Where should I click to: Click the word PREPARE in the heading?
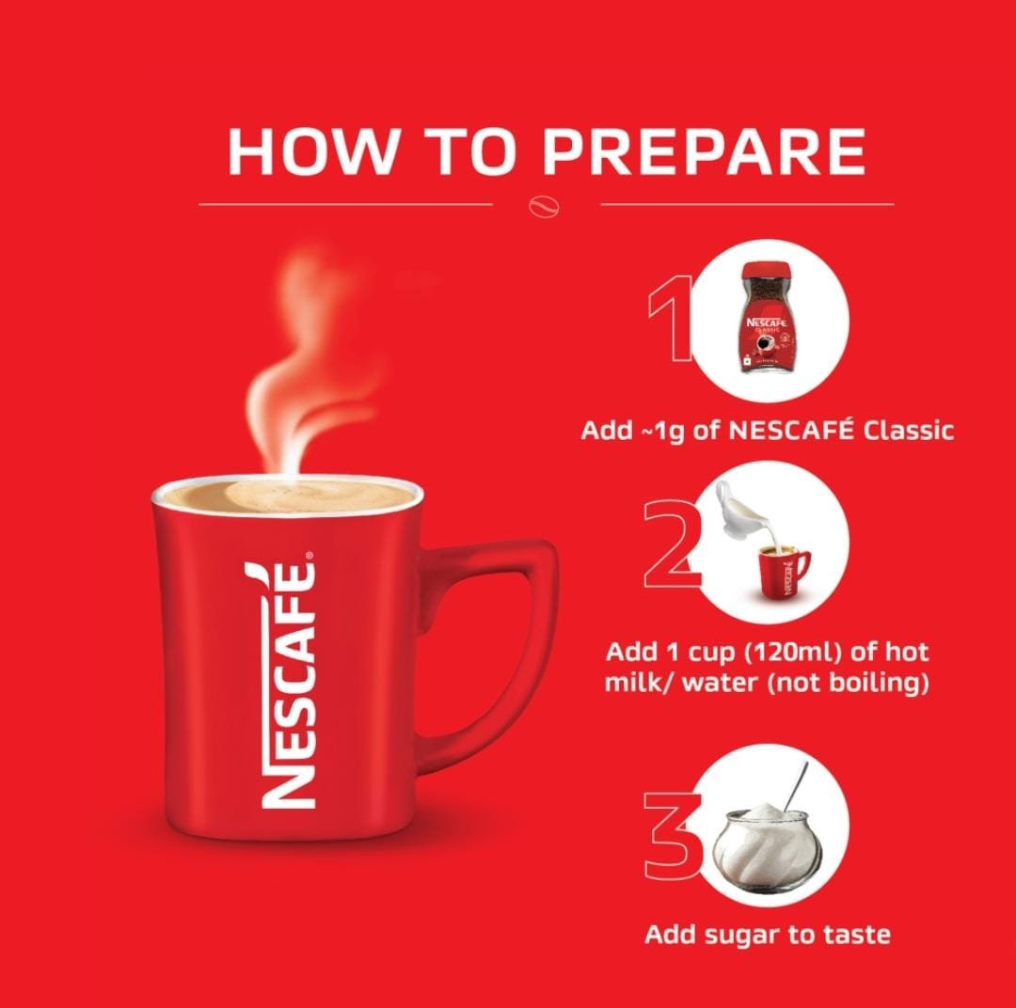tap(704, 152)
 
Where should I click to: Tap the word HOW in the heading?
tap(313, 152)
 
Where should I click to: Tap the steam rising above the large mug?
tap(305, 363)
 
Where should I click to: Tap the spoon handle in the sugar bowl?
tap(797, 785)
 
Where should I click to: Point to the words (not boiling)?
tap(848, 682)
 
